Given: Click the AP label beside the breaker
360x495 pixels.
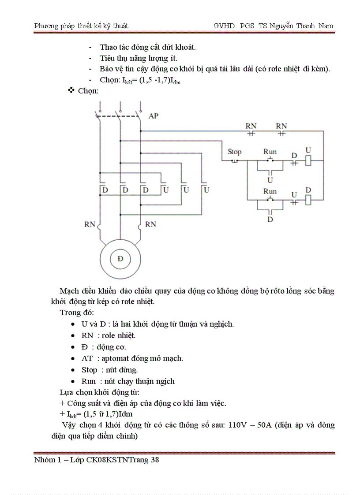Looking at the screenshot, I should click(154, 116).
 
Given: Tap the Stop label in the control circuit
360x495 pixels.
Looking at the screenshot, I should click(234, 152).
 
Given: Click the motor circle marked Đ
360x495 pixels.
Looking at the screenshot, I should click(120, 259).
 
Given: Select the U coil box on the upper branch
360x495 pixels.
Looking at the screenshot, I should click(309, 161).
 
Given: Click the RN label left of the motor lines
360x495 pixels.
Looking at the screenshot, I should click(90, 224).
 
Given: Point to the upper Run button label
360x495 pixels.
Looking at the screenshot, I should click(270, 152).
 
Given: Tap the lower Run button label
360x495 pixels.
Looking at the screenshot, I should click(270, 191).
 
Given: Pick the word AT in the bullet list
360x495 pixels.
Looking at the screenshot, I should click(87, 358).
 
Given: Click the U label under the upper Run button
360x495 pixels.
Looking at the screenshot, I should click(270, 180).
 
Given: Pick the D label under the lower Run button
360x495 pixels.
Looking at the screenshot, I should click(270, 219).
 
